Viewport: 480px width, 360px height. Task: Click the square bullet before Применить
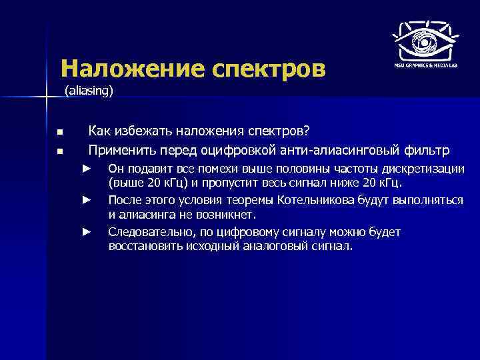(59, 151)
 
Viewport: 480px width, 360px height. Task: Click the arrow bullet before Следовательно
(86, 231)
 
